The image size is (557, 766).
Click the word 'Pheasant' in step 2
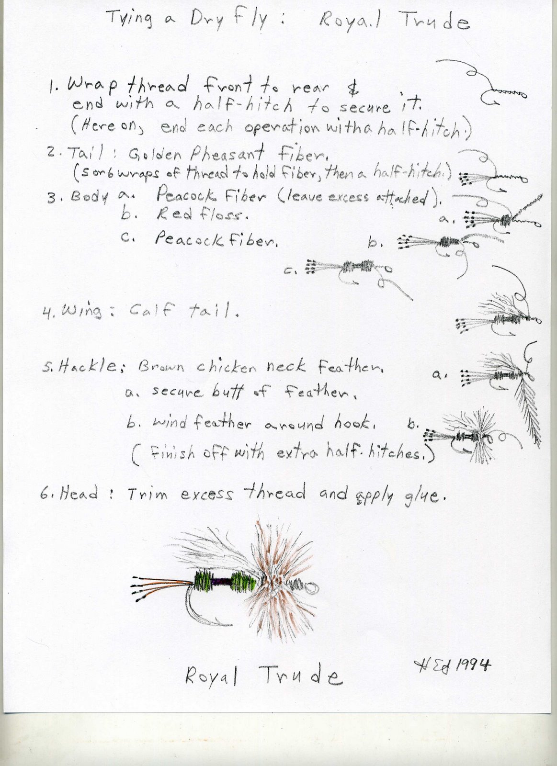tap(227, 155)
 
